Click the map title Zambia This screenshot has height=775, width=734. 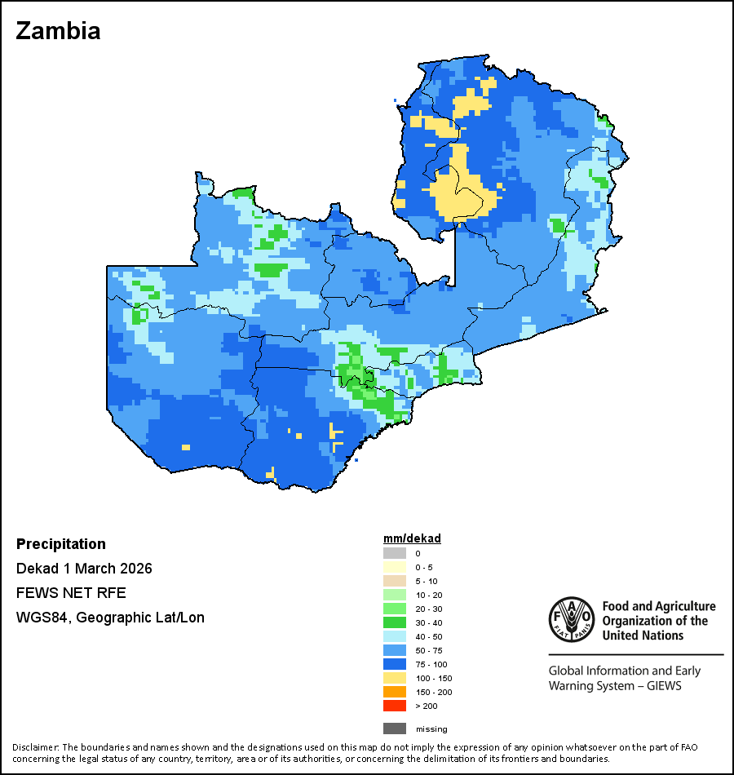(x=58, y=31)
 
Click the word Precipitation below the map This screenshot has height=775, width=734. (x=61, y=544)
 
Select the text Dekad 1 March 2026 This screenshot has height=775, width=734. (x=84, y=569)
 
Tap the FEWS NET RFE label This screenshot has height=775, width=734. (x=71, y=593)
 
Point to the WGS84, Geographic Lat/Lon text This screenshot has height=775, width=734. (x=110, y=618)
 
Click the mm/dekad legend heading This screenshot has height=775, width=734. (x=412, y=539)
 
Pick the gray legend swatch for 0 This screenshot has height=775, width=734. (x=394, y=553)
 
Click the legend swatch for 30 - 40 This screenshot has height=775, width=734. (x=394, y=622)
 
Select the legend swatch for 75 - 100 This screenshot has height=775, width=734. (x=394, y=664)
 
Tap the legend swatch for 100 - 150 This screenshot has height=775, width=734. (x=394, y=678)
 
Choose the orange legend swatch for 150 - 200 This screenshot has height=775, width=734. (x=394, y=692)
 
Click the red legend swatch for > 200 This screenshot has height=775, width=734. (x=394, y=706)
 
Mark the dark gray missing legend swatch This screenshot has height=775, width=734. (x=394, y=728)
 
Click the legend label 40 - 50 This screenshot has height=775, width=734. (x=428, y=636)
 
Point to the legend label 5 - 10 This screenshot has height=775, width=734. (x=426, y=581)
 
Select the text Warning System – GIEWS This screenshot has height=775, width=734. (x=615, y=686)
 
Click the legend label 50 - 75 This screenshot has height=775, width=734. (x=428, y=650)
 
